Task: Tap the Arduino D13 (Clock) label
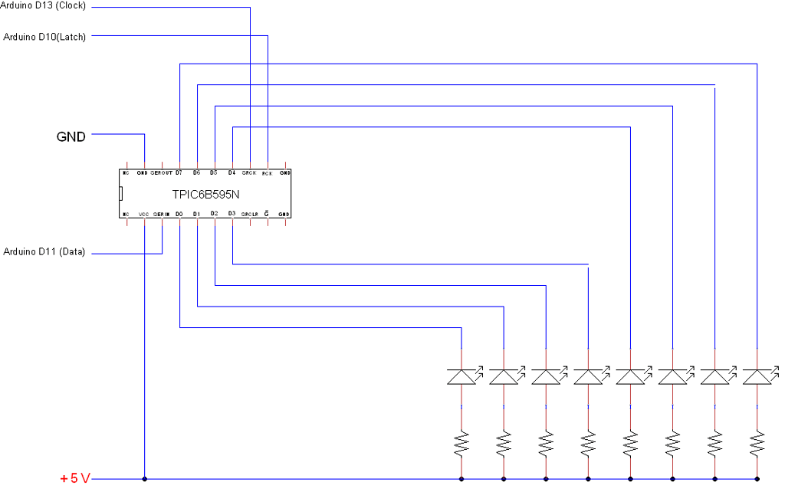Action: point(45,6)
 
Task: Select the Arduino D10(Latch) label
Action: point(44,36)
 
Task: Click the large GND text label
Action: point(71,137)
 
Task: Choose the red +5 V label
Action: point(75,479)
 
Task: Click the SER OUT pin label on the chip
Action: point(162,173)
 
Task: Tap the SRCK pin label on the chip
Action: point(249,173)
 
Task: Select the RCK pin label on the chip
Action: point(267,173)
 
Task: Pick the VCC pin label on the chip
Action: point(144,214)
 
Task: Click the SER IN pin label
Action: point(161,214)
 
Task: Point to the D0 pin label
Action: point(179,214)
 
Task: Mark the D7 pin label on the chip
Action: point(179,173)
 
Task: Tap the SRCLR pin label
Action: point(248,214)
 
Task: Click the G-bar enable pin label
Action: point(266,214)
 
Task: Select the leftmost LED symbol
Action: point(461,376)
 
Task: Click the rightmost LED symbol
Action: point(757,376)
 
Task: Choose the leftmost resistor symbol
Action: point(461,442)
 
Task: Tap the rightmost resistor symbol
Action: point(757,442)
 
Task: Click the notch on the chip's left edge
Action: point(121,194)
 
